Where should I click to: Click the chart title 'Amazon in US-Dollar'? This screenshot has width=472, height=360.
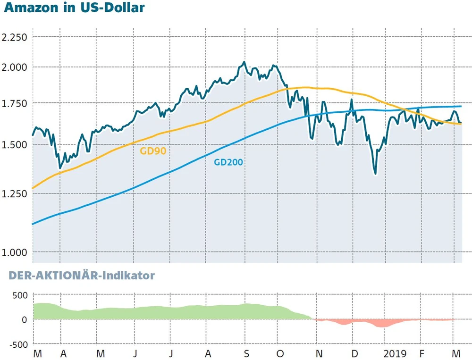point(74,8)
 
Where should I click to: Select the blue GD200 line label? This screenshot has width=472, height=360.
point(228,162)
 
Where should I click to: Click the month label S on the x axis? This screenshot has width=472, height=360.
point(246,353)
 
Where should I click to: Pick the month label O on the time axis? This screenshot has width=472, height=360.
point(280,353)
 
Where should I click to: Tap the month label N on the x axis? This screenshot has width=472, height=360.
point(319,353)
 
